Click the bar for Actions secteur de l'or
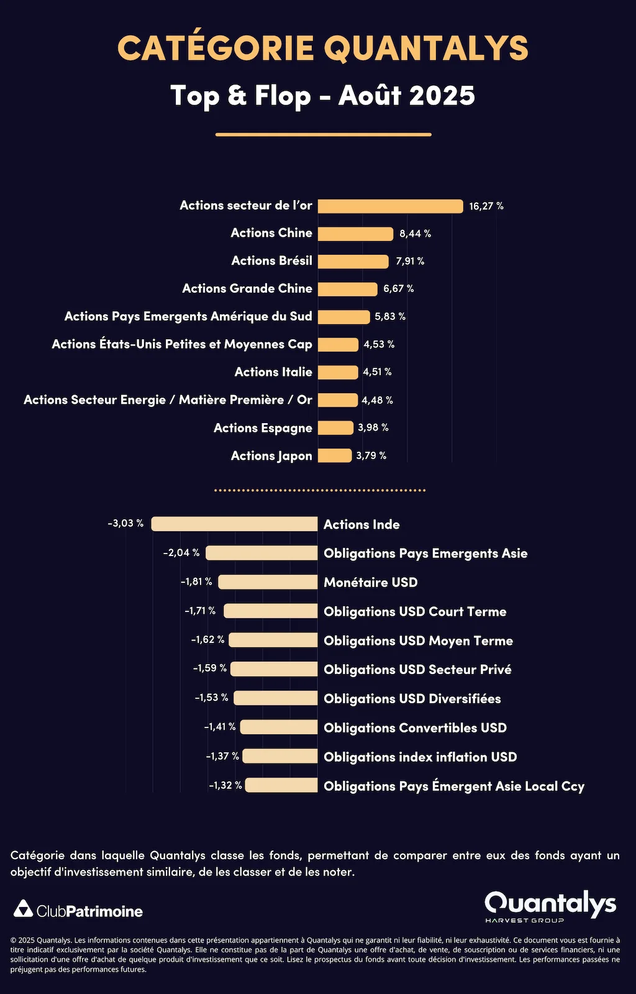coord(390,206)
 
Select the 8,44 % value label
coord(415,234)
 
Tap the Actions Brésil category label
coord(271,261)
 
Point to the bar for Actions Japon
coord(335,455)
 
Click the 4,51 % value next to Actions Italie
coord(377,372)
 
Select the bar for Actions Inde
coord(234,524)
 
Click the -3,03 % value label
coord(125,523)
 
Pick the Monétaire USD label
coord(370,583)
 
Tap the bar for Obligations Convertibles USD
coord(279,727)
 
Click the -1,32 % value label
coord(225,785)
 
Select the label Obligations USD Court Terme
coord(415,612)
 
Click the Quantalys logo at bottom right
coord(550,905)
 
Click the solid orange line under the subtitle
coord(323,134)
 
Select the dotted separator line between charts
coord(320,490)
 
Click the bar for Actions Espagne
coord(335,427)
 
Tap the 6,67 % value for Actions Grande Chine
coord(398,289)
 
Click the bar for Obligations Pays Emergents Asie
coord(261,553)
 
